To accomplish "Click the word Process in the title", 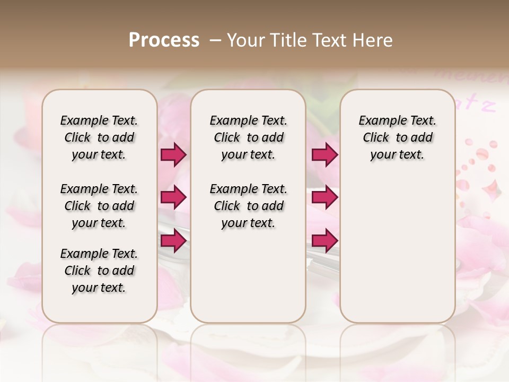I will [164, 40].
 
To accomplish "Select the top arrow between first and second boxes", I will [173, 155].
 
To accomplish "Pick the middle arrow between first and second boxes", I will [173, 197].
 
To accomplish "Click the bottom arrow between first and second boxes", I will [173, 240].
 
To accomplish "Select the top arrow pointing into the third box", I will [324, 155].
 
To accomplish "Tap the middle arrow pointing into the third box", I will [324, 197].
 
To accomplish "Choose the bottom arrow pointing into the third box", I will [324, 240].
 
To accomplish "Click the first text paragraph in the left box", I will [99, 137].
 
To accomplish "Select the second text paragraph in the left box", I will [99, 206].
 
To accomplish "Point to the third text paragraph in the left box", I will [99, 271].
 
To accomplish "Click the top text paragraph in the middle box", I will [248, 137].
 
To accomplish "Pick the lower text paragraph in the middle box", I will [248, 206].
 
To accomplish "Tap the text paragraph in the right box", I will [397, 137].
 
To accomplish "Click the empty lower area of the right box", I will [397, 249].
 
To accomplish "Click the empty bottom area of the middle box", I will [248, 281].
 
